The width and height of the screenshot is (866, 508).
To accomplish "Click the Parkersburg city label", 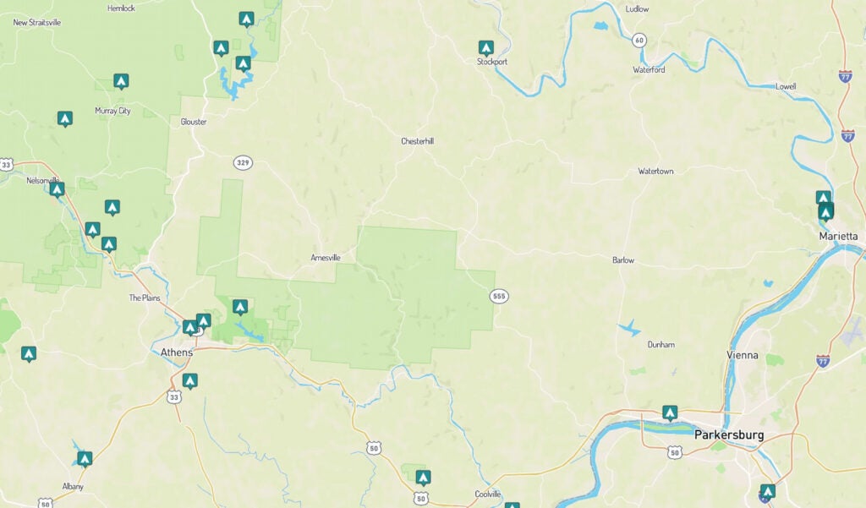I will coord(728,435).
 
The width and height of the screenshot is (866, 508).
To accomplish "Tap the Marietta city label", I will coord(838,236).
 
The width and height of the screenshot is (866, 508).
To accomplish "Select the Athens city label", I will coord(177,352).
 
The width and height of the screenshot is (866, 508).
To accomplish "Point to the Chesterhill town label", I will coord(417,141).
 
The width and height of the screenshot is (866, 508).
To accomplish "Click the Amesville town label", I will coord(326,257).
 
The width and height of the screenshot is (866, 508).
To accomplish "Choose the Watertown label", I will coord(655,172).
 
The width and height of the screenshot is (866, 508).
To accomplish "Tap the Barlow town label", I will coord(623,260).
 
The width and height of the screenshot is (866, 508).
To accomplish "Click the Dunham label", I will coord(660,345).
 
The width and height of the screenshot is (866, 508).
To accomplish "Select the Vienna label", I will coord(742,355).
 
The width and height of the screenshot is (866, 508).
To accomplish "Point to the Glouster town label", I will coord(193,122).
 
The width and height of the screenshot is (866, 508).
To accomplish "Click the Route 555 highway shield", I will coord(499,296).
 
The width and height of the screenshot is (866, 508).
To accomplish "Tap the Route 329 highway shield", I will coord(244,161).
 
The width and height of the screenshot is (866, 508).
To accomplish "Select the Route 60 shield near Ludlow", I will coord(639,40).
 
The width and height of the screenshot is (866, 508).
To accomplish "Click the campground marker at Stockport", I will coord(485,48).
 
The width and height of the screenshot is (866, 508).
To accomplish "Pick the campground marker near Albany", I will coord(85,458).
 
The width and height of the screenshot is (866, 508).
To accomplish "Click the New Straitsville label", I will coord(37,23).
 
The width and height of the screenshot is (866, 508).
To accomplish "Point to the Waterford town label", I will coord(649,70).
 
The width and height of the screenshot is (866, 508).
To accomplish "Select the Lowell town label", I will coord(786,87).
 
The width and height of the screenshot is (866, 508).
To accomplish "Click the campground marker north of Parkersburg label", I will coord(670,412).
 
